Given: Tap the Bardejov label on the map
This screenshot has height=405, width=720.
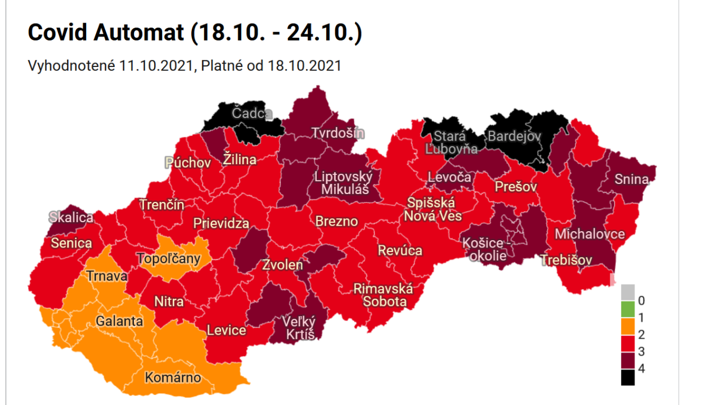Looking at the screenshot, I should (514, 136).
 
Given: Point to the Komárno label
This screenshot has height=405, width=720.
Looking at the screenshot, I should (173, 377).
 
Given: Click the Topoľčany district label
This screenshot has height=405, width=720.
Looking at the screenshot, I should (169, 259).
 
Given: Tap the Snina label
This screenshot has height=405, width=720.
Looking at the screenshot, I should (631, 179).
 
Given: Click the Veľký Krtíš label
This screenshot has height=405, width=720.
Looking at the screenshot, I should (299, 328).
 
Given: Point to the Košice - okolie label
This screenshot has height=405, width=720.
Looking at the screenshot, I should (484, 249).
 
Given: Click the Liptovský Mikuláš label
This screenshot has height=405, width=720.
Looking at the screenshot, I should (343, 183).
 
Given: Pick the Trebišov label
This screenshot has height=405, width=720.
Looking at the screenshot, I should (566, 260).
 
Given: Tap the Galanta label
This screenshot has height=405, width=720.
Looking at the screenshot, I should (119, 322).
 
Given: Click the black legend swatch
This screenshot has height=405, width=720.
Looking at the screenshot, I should (628, 377).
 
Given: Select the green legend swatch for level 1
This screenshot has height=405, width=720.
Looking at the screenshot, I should (628, 309).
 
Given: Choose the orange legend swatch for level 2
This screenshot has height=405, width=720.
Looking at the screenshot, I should (628, 326).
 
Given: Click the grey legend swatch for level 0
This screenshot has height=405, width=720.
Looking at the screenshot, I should (628, 292).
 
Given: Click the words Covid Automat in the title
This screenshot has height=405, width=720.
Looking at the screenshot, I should (106, 33).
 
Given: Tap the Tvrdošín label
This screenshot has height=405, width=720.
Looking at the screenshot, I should (338, 133).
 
